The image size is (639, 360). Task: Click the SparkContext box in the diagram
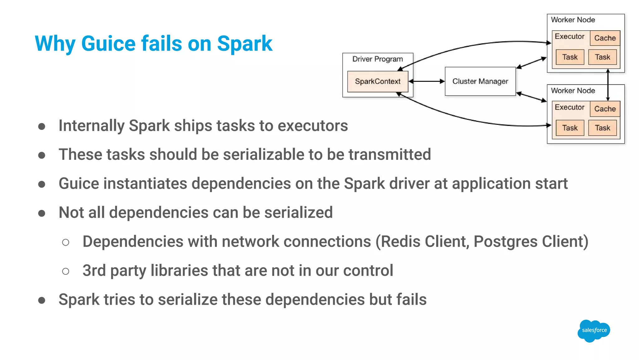pyautogui.click(x=378, y=81)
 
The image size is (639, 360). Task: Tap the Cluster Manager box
pyautogui.click(x=480, y=81)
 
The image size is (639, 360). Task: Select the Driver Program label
pyautogui.click(x=378, y=59)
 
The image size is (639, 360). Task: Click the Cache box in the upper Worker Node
pyautogui.click(x=605, y=38)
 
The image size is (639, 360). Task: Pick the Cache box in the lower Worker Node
pyautogui.click(x=605, y=109)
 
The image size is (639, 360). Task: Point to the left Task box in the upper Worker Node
pyautogui.click(x=570, y=57)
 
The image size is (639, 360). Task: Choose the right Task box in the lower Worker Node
pyautogui.click(x=602, y=128)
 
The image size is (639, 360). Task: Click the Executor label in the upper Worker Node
pyautogui.click(x=569, y=37)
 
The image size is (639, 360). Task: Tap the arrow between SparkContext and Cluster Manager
pyautogui.click(x=427, y=81)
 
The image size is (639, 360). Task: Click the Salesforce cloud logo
pyautogui.click(x=594, y=331)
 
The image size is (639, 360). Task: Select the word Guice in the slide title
pyautogui.click(x=109, y=43)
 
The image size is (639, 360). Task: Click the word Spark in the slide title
pyautogui.click(x=245, y=43)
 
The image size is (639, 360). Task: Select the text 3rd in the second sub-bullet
pyautogui.click(x=94, y=271)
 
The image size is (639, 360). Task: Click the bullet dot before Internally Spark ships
pyautogui.click(x=41, y=126)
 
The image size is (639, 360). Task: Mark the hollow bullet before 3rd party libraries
pyautogui.click(x=66, y=271)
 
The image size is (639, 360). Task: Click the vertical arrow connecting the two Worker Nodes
pyautogui.click(x=608, y=85)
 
